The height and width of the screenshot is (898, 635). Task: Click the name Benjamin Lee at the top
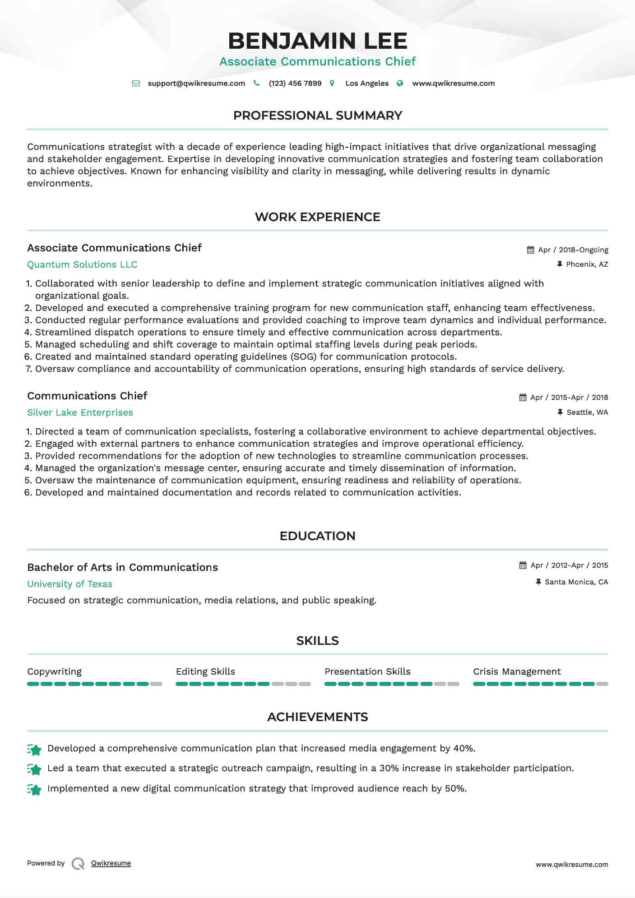coord(317,41)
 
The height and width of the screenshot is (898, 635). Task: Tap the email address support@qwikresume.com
coord(196,83)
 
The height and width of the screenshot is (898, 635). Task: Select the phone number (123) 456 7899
coord(295,83)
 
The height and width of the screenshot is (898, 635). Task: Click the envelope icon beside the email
coord(136,83)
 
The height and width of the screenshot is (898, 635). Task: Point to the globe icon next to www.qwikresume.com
coord(400,83)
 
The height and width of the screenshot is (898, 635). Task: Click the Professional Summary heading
coord(317,116)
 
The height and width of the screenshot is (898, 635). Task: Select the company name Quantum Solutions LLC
coord(82,265)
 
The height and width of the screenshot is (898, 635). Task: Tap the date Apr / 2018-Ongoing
coord(573,250)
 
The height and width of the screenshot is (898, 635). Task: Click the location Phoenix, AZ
coord(587,264)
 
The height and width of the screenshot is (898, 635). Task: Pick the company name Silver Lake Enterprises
coord(80,413)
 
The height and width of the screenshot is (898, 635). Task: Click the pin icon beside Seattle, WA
coord(560,412)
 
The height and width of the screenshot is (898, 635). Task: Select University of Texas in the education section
coord(70,584)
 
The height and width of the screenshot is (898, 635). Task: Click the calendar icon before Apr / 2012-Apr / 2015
coord(523,565)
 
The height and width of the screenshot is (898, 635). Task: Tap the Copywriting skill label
coord(54,672)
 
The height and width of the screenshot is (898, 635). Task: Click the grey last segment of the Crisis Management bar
coord(602,684)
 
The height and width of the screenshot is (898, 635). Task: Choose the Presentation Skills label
coord(367,672)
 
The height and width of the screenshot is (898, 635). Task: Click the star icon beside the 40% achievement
coord(34,750)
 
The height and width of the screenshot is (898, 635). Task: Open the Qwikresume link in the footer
coord(111,863)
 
